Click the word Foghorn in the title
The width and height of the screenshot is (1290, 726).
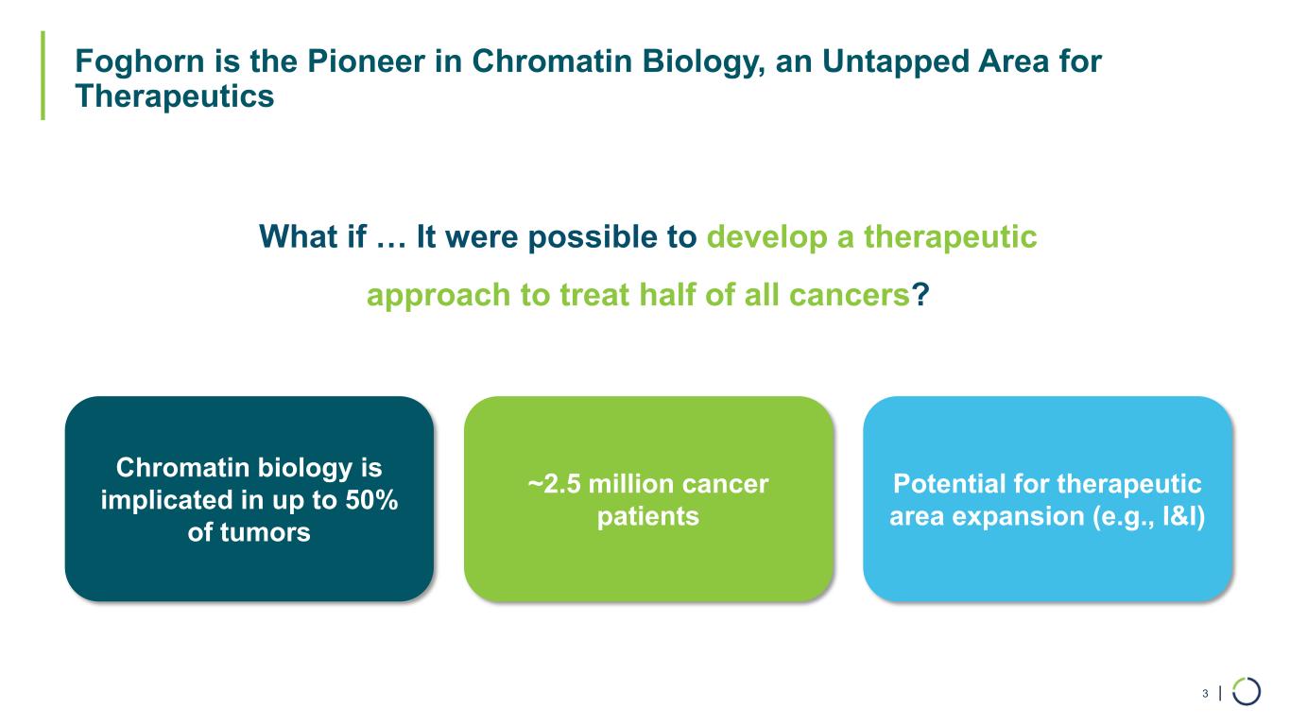[139, 62]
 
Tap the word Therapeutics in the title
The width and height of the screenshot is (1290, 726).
[175, 96]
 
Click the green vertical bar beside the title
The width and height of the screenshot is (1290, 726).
[43, 75]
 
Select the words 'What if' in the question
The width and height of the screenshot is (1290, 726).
[313, 236]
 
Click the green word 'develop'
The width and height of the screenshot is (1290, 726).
[767, 237]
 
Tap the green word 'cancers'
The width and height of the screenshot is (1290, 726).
[849, 296]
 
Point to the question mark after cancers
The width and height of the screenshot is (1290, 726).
[920, 294]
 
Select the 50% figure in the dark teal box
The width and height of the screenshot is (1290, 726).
[371, 499]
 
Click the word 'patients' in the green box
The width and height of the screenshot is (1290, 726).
[648, 516]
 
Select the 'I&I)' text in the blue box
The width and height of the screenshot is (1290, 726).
[1183, 516]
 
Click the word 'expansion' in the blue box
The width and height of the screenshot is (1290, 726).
[1018, 517]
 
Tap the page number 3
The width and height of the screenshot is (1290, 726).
[1205, 693]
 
